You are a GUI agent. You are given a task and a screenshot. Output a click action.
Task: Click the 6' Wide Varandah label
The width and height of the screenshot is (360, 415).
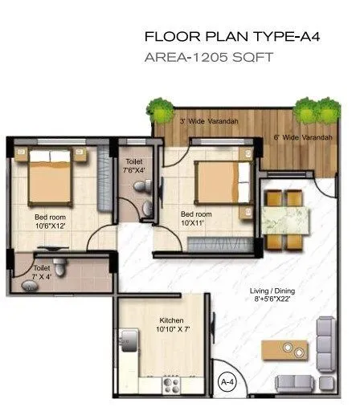click(302, 138)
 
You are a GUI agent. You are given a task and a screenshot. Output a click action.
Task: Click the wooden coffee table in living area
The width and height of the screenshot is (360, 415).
click(292, 349)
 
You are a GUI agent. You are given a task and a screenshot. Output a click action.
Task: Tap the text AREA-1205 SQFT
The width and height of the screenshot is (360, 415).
click(208, 59)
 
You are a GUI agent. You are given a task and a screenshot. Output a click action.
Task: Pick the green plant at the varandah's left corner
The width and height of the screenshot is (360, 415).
click(156, 107)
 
